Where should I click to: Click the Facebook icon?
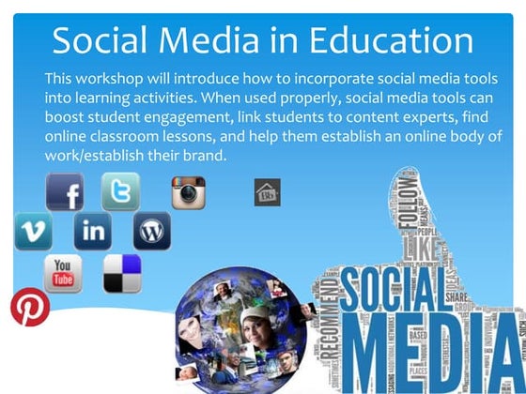pos(65,193)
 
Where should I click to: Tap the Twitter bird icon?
pos(120,191)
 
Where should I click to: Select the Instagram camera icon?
pos(188,192)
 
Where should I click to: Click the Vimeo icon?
pos(33,231)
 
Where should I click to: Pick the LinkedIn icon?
pos(93,231)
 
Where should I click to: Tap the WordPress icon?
pos(151,231)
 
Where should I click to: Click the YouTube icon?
pos(64,272)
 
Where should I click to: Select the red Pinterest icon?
pos(29,308)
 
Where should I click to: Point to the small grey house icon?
pos(267,193)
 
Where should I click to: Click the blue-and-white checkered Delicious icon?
pos(122,273)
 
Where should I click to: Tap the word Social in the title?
pos(103,40)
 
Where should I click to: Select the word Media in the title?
pos(221,40)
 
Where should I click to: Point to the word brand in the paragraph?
pos(206,155)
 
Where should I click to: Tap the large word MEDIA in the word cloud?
pos(427,356)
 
